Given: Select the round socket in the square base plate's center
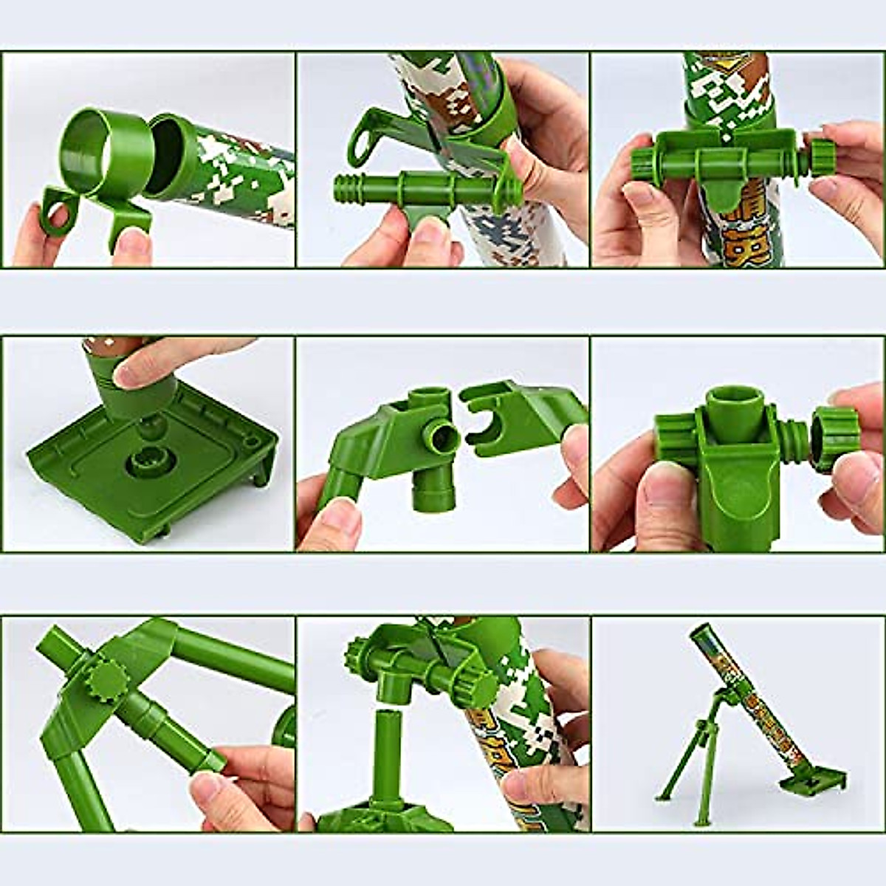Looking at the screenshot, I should pyautogui.click(x=147, y=464).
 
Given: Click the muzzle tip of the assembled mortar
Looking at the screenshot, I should pyautogui.click(x=698, y=631).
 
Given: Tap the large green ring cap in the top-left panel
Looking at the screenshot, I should pyautogui.click(x=108, y=148).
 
